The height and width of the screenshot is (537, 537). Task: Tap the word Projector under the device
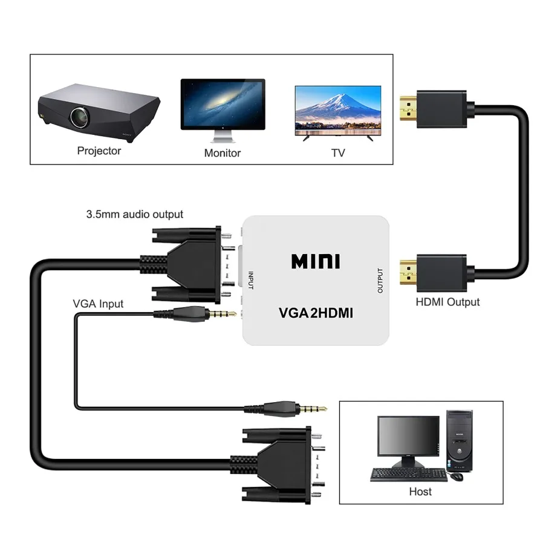point(99,151)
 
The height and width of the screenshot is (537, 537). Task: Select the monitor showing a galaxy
point(223,103)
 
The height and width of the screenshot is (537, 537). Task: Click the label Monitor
point(223,153)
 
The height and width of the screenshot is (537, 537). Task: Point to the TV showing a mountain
point(337,109)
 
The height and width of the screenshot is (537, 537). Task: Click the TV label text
point(338,153)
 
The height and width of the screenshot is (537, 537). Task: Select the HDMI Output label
point(447,302)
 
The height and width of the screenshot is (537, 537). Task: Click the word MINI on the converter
point(316,261)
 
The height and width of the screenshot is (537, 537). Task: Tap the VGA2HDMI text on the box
point(316,314)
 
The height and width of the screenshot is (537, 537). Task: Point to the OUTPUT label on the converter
point(380,281)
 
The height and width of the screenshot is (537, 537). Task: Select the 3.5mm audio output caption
point(135,214)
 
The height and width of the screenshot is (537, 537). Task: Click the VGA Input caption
point(98,304)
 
